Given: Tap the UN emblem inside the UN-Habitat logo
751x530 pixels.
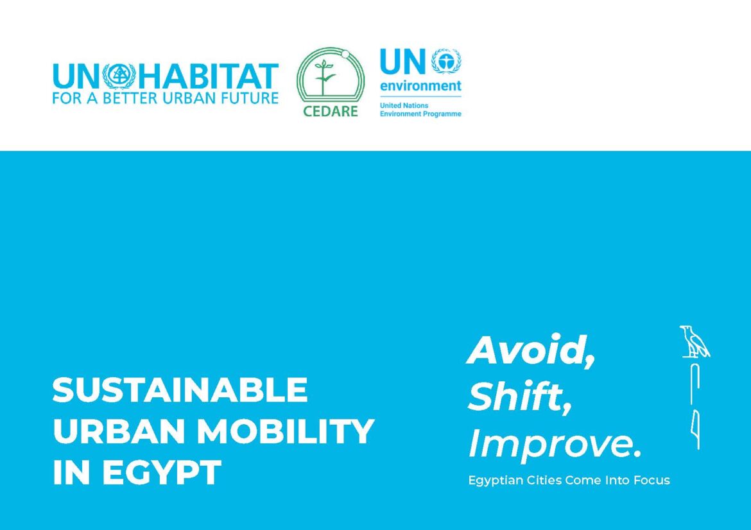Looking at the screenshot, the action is [119, 76].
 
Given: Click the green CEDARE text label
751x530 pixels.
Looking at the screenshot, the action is [331, 111].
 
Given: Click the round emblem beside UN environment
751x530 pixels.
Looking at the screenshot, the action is [446, 62].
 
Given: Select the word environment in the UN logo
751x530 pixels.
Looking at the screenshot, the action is [420, 86].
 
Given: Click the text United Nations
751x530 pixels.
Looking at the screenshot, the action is [404, 105].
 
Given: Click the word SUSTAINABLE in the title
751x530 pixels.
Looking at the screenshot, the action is [180, 389].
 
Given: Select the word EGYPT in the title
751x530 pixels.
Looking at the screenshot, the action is [162, 472].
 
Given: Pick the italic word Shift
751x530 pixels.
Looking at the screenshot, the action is [520, 397].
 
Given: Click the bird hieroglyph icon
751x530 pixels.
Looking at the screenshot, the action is [694, 342].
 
